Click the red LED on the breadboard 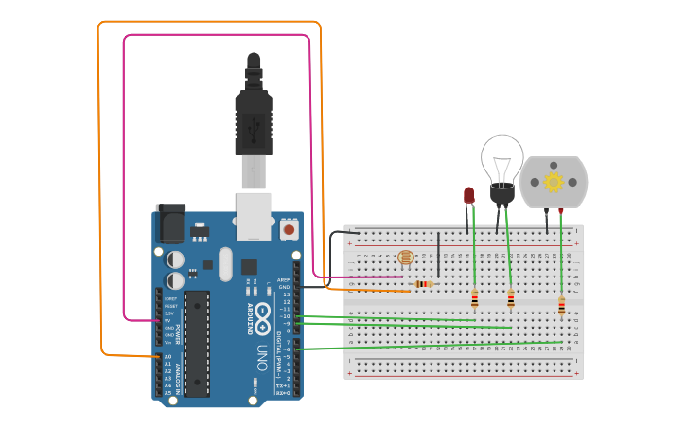click(468, 195)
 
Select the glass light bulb click(501, 161)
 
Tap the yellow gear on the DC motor click(554, 181)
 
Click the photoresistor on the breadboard click(406, 258)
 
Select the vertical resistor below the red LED click(475, 299)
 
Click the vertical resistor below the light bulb click(511, 299)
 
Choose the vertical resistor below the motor click(561, 306)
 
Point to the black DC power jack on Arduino click(170, 223)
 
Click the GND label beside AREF click(284, 287)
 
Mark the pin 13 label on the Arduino click(286, 295)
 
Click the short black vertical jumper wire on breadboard click(438, 253)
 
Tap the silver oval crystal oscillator click(225, 264)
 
